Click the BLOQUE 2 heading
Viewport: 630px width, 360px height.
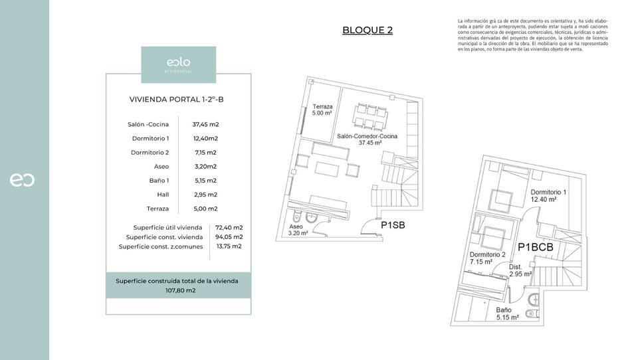point(367,30)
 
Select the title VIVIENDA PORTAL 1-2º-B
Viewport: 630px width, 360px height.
point(178,100)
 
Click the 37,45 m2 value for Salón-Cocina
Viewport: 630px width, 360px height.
point(205,124)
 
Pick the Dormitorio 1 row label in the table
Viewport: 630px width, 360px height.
point(150,138)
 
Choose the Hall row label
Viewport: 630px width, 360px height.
point(163,195)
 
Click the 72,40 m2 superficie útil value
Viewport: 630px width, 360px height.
point(229,227)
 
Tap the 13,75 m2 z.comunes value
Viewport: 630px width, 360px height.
point(229,246)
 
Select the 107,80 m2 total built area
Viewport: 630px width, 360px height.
point(178,290)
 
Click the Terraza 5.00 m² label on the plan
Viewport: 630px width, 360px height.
point(322,110)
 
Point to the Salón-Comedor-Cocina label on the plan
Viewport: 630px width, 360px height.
point(367,139)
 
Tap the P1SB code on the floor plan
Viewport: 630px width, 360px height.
point(393,225)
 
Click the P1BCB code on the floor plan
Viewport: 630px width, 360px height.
point(536,247)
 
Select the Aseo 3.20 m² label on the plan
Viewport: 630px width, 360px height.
point(297,229)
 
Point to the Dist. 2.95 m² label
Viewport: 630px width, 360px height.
point(520,270)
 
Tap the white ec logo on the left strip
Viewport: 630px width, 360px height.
point(22,180)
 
